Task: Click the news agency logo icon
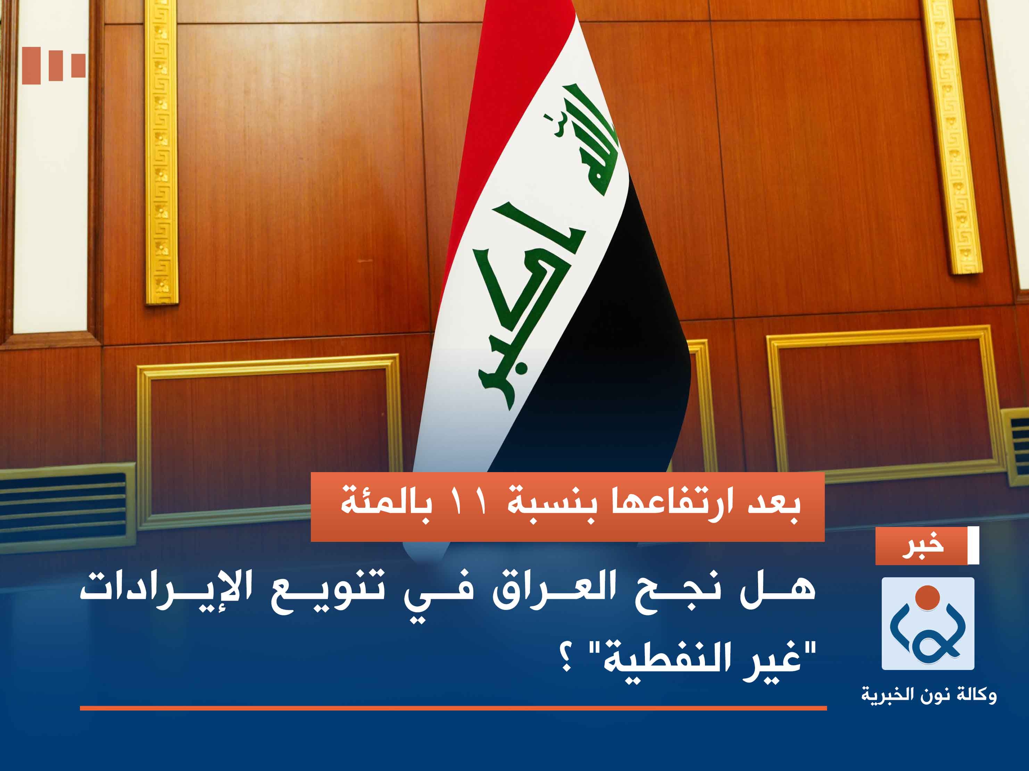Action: tap(928, 623)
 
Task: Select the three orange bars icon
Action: tap(53, 65)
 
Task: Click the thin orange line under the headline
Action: tap(453, 708)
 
